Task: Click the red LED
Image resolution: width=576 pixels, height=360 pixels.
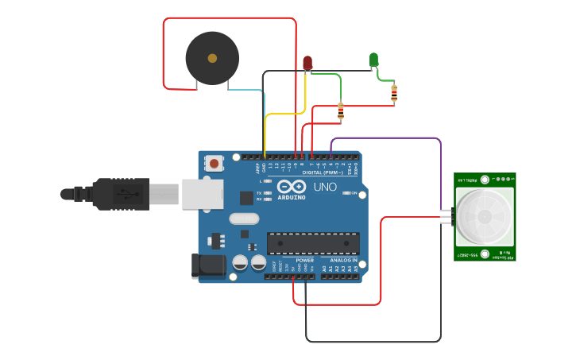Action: click(307, 61)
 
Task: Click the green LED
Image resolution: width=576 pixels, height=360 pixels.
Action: click(373, 60)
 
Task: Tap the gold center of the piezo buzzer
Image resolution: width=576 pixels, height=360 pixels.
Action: click(212, 58)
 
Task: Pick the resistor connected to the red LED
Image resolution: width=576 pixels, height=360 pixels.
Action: click(341, 111)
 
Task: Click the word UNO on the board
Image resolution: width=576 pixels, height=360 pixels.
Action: click(326, 188)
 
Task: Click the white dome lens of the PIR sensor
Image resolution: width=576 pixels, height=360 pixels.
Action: click(483, 216)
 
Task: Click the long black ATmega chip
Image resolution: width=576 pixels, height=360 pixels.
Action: click(313, 243)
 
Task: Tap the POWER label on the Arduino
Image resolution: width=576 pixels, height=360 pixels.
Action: click(304, 260)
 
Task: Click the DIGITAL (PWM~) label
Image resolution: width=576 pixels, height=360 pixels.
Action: click(323, 172)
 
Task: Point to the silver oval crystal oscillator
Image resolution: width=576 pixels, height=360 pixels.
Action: click(244, 219)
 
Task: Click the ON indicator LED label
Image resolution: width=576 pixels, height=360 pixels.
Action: click(353, 193)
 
